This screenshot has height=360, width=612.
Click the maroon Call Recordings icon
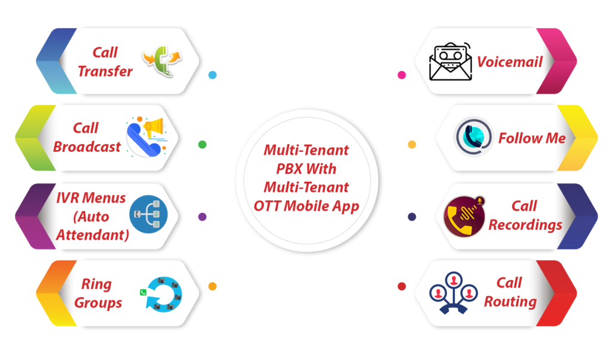464,216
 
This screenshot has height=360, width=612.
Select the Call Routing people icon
454,292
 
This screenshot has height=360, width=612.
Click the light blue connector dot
212,75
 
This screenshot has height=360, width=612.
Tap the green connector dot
202,145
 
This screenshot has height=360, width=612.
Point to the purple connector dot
202,216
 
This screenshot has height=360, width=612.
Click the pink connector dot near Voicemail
402,75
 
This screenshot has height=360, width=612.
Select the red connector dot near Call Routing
402,286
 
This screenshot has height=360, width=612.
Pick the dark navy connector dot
412,216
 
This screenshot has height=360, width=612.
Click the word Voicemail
509,62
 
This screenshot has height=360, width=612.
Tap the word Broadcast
87,147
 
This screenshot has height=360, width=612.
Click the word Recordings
525,225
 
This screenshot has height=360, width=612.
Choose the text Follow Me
532,138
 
